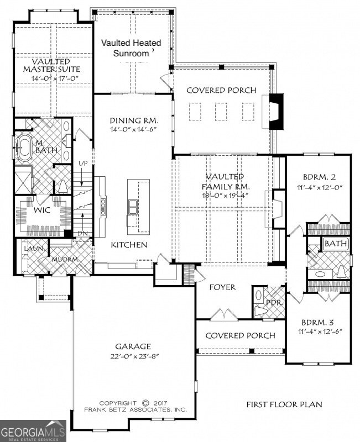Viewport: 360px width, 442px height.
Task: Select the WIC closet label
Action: [27, 211]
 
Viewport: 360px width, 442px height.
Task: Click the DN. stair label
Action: [82, 234]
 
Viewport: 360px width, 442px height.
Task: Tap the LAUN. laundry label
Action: [30, 249]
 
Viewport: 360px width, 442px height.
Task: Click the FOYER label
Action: [223, 287]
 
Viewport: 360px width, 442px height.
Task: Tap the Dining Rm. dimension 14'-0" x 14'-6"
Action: [134, 130]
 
